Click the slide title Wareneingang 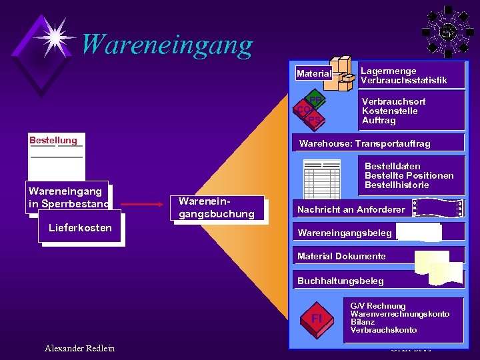(x=167, y=45)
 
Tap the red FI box (x=317, y=318)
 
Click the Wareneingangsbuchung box (x=217, y=207)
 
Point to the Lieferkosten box (x=81, y=228)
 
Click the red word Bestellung (x=53, y=140)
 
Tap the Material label (x=313, y=73)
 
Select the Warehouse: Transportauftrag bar (x=365, y=143)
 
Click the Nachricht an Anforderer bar (x=351, y=209)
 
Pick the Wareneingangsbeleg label (x=345, y=233)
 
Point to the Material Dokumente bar (x=341, y=256)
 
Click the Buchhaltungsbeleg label (x=341, y=281)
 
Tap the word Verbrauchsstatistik (x=403, y=81)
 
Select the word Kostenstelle (x=389, y=111)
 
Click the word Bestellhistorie (x=397, y=185)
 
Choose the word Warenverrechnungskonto (x=399, y=314)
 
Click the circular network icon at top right (x=448, y=31)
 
